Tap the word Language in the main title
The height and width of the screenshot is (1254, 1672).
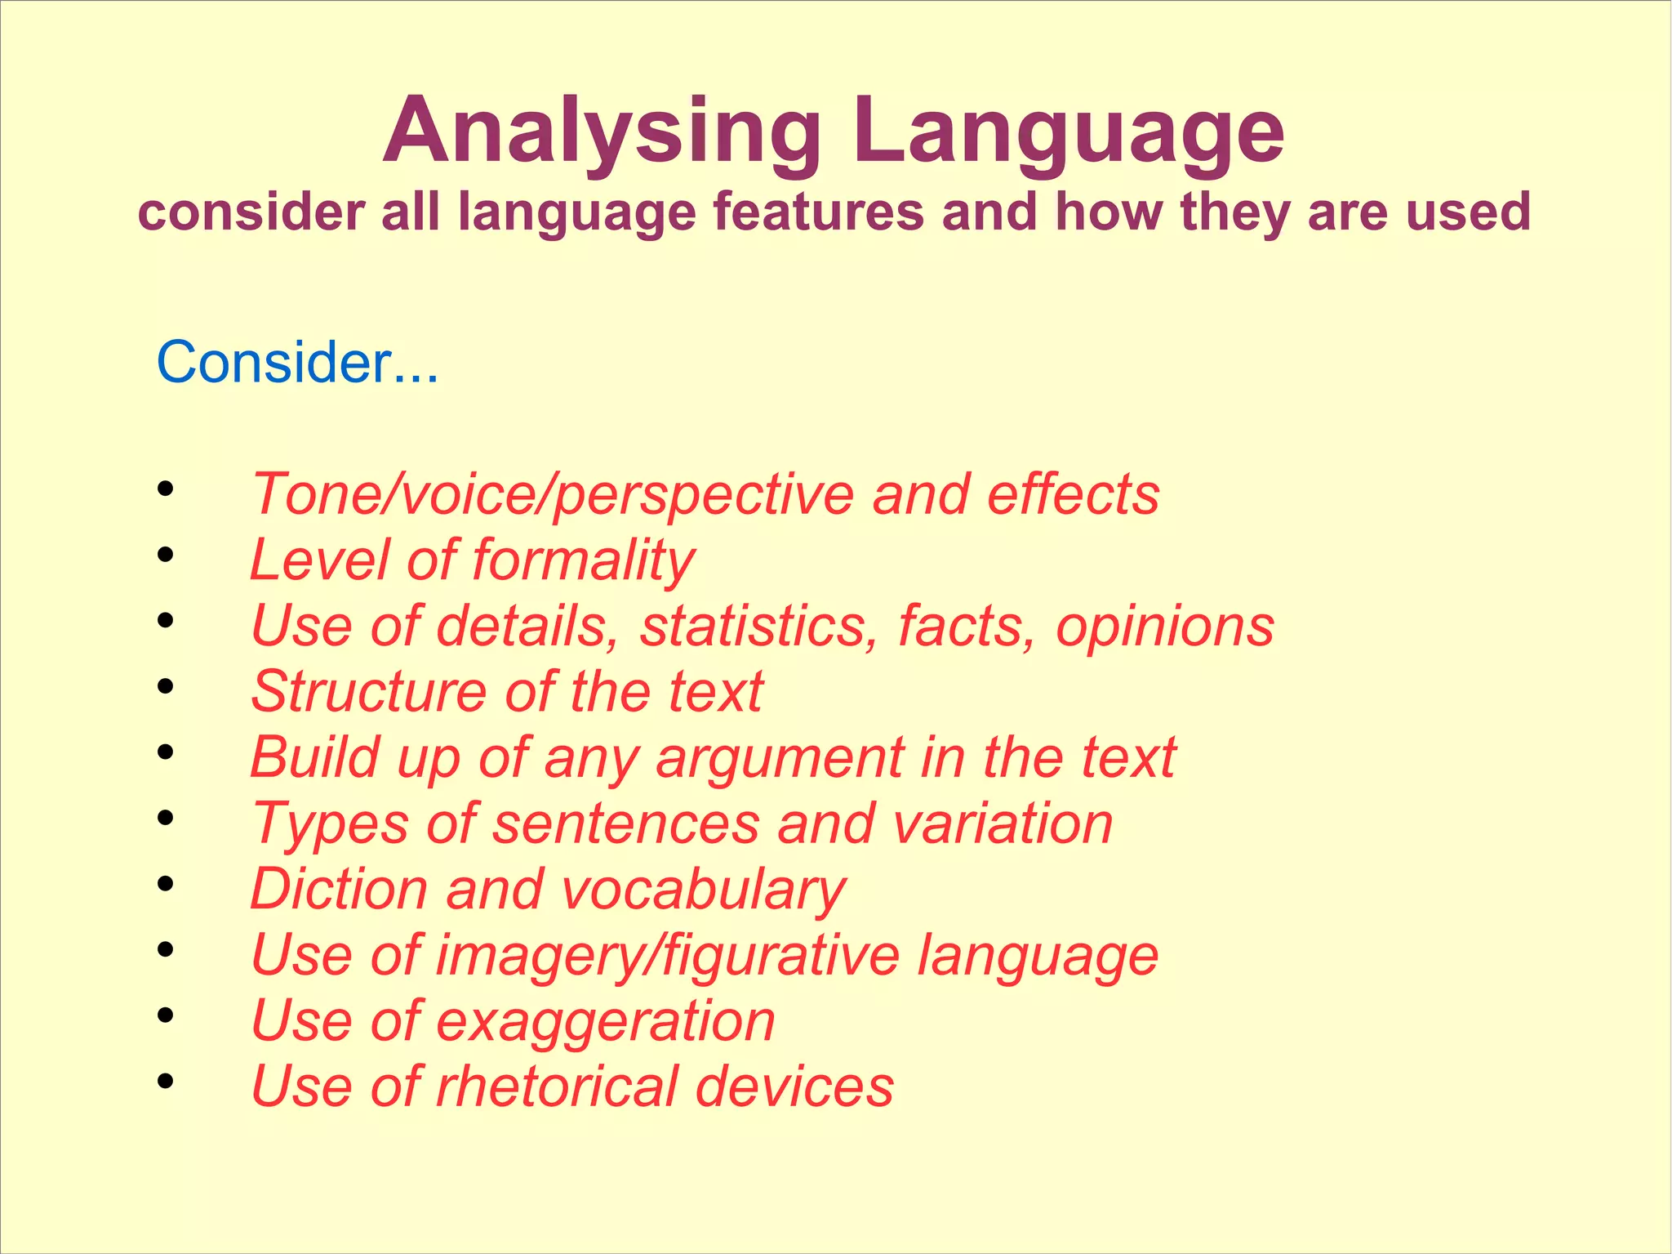click(x=1069, y=132)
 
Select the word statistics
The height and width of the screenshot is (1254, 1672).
click(x=759, y=627)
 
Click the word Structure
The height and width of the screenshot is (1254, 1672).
click(x=368, y=692)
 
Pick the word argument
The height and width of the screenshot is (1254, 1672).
click(x=780, y=759)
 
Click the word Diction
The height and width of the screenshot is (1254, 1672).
click(x=339, y=890)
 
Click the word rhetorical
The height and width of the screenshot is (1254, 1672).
click(x=556, y=1087)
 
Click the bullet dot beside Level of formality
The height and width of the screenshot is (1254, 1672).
click(x=166, y=556)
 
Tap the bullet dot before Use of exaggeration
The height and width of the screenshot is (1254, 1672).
click(x=166, y=1015)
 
